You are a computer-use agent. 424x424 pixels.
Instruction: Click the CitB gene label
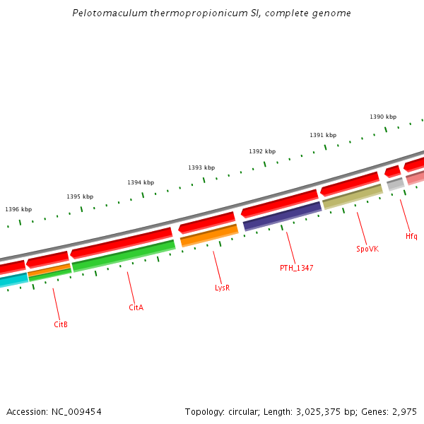[x=61, y=324]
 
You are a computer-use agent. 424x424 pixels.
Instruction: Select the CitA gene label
[x=136, y=307]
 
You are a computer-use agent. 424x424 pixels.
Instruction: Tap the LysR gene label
[x=222, y=288]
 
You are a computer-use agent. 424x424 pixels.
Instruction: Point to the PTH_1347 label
[x=296, y=268]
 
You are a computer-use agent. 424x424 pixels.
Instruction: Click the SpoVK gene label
[x=367, y=249]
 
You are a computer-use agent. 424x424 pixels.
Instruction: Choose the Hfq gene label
[x=411, y=236]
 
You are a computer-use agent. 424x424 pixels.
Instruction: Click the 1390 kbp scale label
[x=382, y=117]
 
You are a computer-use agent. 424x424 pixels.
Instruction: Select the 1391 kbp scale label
[x=322, y=135]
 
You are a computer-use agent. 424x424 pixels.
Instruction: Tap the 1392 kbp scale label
[x=261, y=151]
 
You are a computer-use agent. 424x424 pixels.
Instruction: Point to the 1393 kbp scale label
[x=201, y=167]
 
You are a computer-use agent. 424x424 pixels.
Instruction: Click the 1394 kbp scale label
[x=140, y=182]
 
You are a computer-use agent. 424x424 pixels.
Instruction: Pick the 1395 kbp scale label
[x=79, y=196]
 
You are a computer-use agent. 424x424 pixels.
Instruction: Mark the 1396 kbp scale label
[x=18, y=209]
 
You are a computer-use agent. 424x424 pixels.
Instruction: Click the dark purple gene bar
[x=283, y=216]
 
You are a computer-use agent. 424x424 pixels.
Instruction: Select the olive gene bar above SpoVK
[x=353, y=196]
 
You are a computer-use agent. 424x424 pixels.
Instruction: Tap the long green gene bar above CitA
[x=124, y=255]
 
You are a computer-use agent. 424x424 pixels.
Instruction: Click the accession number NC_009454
[x=74, y=411]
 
